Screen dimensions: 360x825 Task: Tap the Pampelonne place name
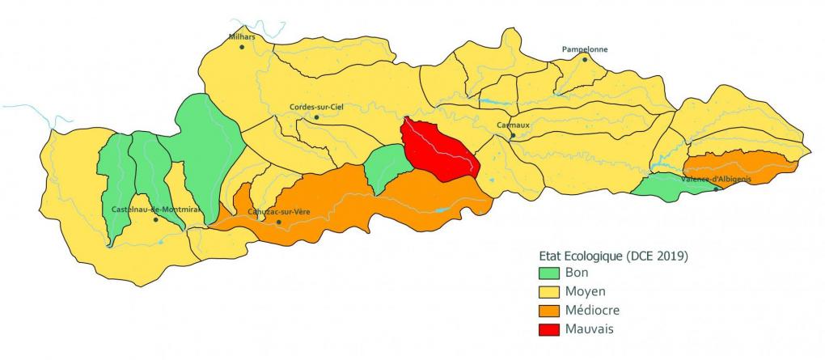point(584,49)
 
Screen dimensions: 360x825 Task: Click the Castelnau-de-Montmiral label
point(154,210)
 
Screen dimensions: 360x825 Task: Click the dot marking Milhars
point(242,47)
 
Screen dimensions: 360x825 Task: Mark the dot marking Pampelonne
point(583,59)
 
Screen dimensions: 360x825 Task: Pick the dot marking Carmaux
point(512,135)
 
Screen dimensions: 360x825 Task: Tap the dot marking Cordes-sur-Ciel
point(316,117)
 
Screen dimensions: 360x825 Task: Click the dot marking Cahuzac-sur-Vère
point(279,222)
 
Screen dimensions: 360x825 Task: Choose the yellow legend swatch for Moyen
point(548,292)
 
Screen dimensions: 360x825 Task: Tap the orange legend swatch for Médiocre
point(548,311)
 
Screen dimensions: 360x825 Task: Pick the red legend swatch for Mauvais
point(548,328)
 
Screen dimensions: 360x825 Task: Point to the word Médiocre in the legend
point(592,311)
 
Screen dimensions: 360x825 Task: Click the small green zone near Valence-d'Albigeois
point(667,189)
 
